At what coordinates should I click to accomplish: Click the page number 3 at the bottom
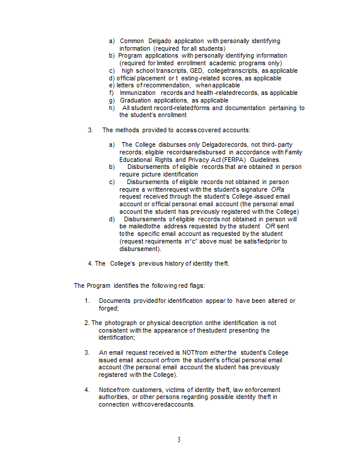point(179,440)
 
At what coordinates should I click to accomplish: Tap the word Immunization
point(137,93)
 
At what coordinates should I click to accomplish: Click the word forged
point(108,308)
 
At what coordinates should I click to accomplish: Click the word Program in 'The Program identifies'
point(98,285)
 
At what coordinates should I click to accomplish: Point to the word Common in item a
point(132,41)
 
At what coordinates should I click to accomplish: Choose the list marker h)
point(112,108)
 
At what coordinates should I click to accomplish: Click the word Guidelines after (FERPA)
point(265,160)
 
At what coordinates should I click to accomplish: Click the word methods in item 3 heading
point(129,130)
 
